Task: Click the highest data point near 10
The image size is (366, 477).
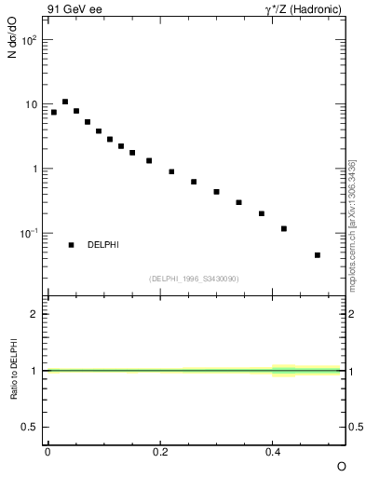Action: tap(65, 102)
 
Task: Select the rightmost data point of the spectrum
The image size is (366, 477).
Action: tap(318, 254)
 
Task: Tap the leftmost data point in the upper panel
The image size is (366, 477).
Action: tap(54, 112)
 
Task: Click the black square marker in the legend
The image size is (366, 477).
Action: tap(71, 245)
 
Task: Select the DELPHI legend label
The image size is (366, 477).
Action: tap(103, 245)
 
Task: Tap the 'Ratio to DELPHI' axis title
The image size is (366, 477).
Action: tap(14, 370)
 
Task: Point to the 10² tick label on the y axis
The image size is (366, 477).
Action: tap(29, 41)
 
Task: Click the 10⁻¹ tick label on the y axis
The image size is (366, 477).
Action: tap(28, 233)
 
